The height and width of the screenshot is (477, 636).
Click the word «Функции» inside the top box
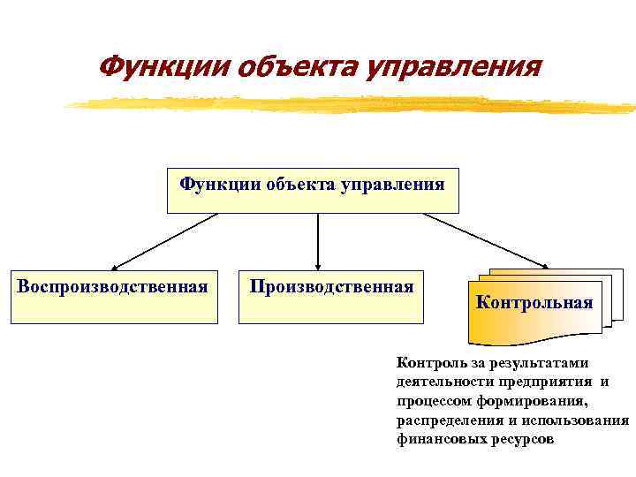pyautogui.click(x=212, y=185)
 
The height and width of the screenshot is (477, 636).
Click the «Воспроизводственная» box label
pyautogui.click(x=113, y=286)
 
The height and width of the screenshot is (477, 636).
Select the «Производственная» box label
pyautogui.click(x=331, y=286)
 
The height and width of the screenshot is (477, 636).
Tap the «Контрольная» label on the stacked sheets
pyautogui.click(x=534, y=303)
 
